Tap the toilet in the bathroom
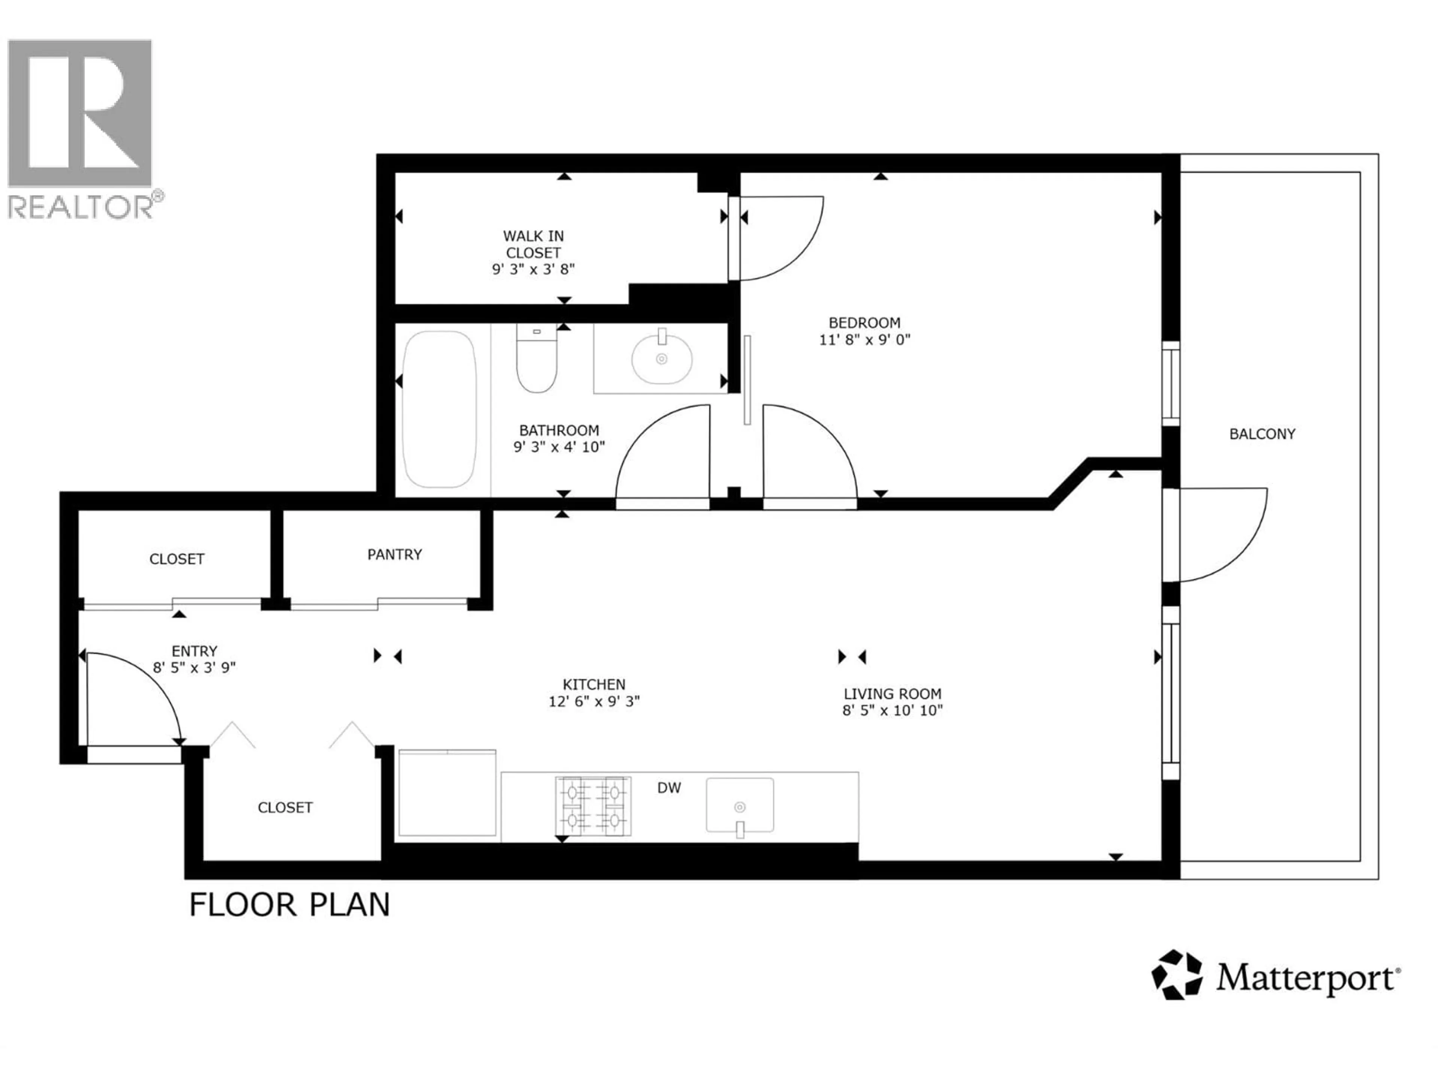(x=536, y=361)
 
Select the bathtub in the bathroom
(x=440, y=410)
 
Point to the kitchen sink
(x=740, y=805)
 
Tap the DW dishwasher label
(x=669, y=788)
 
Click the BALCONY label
(x=1262, y=434)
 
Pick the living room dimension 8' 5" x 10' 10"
(x=893, y=710)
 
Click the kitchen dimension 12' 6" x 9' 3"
(x=594, y=701)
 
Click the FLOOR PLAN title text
(x=289, y=905)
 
